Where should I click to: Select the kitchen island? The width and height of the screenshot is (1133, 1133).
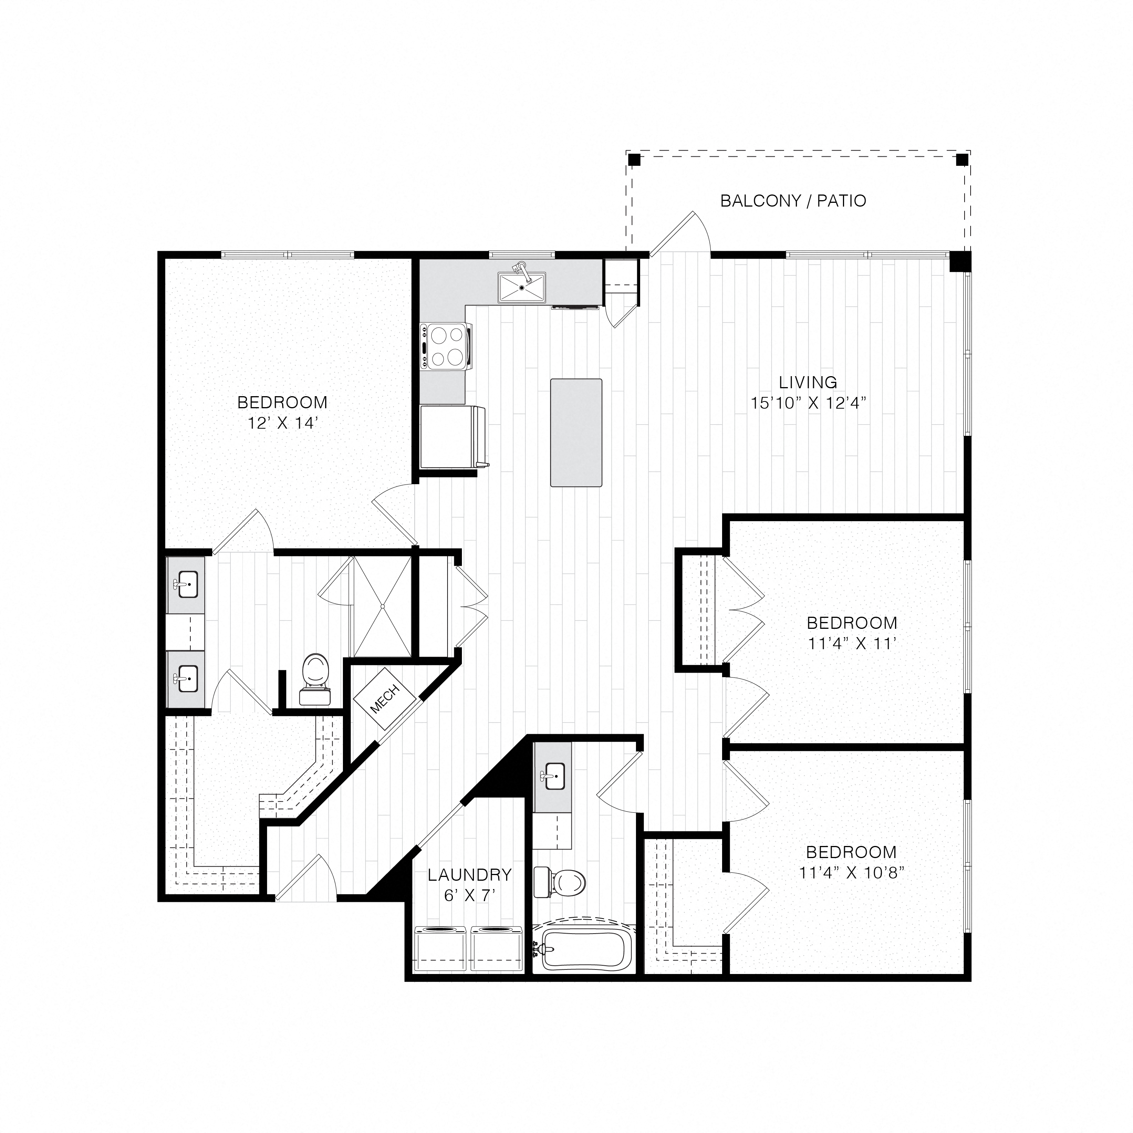coord(576,432)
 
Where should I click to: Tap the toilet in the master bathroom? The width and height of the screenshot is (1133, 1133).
coord(315,681)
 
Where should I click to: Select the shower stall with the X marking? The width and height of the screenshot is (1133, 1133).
coord(382,607)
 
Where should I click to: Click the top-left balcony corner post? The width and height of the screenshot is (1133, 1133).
coord(633,159)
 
